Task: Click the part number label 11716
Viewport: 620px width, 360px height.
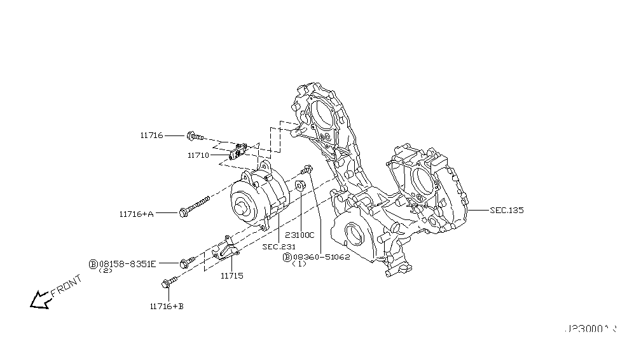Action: tap(151, 135)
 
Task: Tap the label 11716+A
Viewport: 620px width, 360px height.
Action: tap(136, 214)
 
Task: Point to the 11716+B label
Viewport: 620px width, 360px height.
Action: tap(166, 306)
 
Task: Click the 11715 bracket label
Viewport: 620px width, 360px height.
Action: tap(232, 276)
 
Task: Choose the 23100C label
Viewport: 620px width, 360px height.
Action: tap(300, 235)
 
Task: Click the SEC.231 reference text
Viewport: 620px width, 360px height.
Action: tap(279, 246)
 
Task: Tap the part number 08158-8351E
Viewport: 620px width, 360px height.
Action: tap(127, 262)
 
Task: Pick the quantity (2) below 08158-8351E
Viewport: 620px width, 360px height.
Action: tap(106, 270)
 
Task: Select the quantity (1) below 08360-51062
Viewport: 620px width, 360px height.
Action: tap(299, 265)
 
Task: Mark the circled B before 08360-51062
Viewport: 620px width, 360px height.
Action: tap(287, 257)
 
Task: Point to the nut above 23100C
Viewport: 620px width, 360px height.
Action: tap(300, 186)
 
